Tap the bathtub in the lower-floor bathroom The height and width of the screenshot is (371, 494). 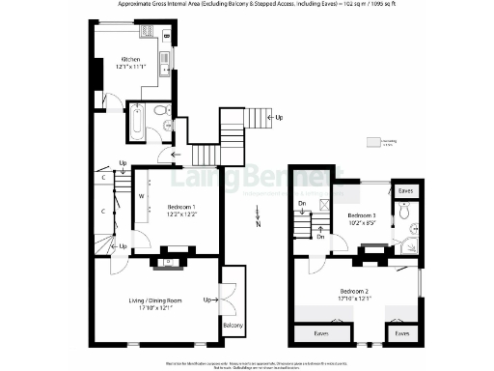pos(137,125)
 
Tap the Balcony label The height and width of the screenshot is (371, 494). pos(233,326)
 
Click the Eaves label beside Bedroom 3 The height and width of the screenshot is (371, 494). pos(406,191)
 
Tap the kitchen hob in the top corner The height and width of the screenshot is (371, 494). pos(167,39)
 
